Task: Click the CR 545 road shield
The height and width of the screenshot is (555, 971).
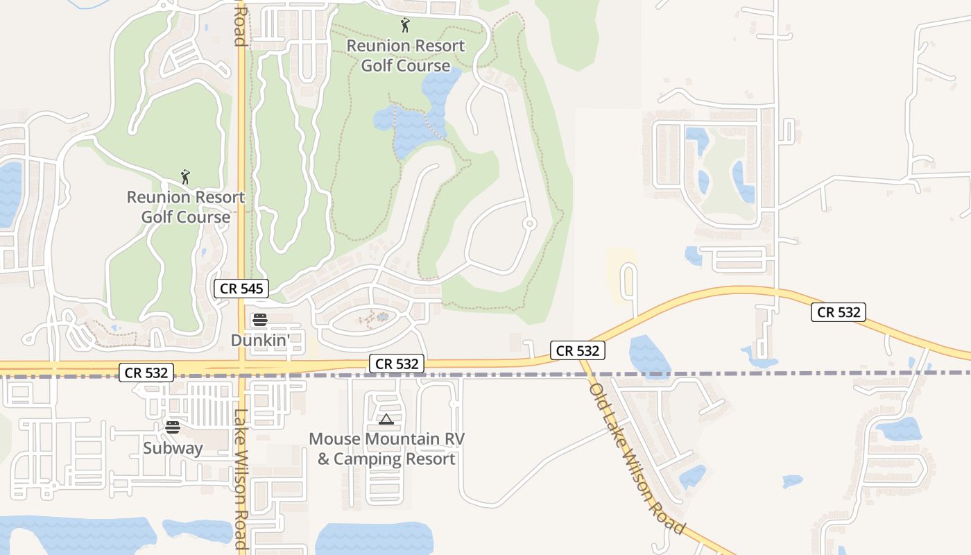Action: (x=241, y=289)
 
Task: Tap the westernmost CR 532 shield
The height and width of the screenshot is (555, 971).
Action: (x=146, y=373)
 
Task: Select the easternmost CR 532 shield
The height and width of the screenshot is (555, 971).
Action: (x=839, y=312)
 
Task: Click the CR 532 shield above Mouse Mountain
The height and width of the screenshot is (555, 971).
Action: (x=397, y=364)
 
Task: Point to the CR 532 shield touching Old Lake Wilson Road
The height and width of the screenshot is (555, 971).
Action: (x=578, y=350)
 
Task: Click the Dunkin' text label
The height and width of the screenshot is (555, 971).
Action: (x=259, y=340)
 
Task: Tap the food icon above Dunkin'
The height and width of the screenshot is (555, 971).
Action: (x=260, y=320)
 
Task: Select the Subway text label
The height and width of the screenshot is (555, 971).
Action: (x=173, y=448)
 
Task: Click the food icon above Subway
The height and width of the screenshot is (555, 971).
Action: (x=173, y=427)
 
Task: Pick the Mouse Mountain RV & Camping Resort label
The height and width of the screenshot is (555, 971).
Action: (x=386, y=449)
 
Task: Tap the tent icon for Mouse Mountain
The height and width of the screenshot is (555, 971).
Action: (x=386, y=419)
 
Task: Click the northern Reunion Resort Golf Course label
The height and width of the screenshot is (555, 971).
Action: (x=406, y=55)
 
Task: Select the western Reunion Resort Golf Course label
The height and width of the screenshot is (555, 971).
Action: (x=185, y=207)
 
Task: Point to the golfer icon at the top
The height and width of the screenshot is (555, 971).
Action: (x=405, y=26)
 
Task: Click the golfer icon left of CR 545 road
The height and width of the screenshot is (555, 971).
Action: (x=185, y=177)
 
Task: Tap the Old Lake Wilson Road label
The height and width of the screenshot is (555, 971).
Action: (x=636, y=458)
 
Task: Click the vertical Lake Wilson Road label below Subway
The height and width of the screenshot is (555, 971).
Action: (x=241, y=479)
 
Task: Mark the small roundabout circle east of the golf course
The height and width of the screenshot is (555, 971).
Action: (x=529, y=223)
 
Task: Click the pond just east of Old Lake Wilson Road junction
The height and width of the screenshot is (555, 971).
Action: (x=648, y=356)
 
